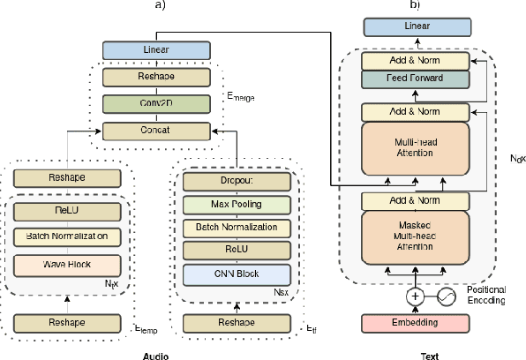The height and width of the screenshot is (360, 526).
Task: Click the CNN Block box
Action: point(236,274)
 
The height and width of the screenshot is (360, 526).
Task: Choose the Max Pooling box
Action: point(236,205)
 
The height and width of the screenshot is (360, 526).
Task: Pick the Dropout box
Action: point(236,182)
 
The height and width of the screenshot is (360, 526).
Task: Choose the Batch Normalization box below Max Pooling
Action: point(236,228)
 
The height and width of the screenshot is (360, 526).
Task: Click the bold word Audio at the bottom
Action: point(155,355)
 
